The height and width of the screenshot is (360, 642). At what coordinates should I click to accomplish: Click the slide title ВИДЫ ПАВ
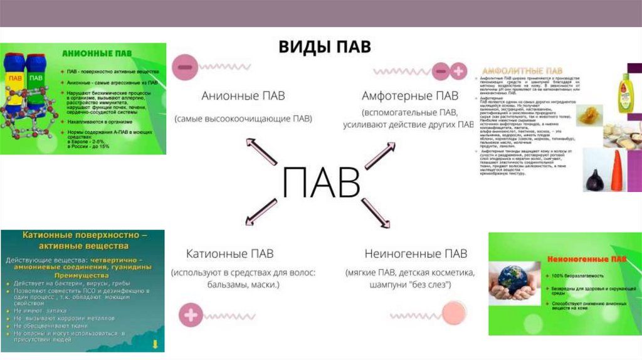click(324, 47)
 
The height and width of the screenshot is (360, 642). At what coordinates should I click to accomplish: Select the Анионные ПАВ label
click(243, 96)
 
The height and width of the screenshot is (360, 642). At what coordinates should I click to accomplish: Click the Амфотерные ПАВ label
click(410, 96)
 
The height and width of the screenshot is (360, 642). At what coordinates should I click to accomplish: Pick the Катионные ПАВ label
click(230, 254)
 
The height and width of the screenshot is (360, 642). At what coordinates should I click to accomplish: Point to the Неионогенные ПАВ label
click(416, 254)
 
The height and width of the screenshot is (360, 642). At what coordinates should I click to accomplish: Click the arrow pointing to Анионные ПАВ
click(261, 151)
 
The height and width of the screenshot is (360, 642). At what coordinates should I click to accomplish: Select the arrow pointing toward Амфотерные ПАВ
click(380, 156)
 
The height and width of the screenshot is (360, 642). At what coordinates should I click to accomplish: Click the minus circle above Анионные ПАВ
click(186, 66)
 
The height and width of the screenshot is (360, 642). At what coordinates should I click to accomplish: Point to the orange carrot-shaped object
click(617, 171)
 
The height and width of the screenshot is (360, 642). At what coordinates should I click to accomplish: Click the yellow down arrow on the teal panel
click(155, 344)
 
